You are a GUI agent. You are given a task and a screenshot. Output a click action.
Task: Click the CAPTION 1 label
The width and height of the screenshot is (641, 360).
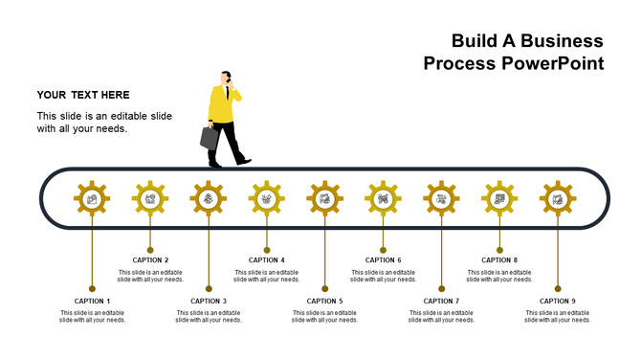click(93, 301)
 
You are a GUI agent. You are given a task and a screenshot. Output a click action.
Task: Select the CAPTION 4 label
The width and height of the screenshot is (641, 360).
click(267, 259)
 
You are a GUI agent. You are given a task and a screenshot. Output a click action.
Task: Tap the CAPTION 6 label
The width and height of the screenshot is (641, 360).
click(383, 259)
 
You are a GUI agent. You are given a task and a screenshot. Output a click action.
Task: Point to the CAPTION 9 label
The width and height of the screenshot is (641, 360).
click(558, 301)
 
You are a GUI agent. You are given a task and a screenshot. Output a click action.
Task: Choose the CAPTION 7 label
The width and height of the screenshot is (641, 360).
click(441, 301)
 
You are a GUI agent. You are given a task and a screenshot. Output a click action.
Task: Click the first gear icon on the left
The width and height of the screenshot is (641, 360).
click(92, 199)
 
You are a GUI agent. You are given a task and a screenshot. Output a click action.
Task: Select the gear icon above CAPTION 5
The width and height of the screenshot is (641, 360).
click(324, 199)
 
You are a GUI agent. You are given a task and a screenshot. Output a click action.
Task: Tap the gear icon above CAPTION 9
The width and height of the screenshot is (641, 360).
click(558, 199)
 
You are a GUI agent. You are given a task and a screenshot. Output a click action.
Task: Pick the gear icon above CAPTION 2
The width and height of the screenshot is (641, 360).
click(150, 199)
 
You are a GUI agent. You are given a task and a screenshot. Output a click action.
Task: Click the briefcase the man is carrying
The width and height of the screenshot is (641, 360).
click(210, 138)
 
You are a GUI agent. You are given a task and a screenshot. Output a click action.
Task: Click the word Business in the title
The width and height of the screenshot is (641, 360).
click(558, 40)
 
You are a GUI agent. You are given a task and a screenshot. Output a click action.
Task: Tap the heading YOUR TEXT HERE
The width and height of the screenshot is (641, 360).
click(83, 95)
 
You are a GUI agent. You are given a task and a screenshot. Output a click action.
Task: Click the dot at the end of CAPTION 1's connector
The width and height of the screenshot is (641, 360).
click(92, 288)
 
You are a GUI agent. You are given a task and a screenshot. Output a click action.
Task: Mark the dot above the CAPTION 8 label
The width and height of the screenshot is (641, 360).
click(499, 250)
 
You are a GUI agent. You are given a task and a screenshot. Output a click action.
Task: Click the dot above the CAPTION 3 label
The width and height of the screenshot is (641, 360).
click(209, 288)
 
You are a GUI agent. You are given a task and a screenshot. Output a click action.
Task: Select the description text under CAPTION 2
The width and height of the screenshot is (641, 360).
click(150, 276)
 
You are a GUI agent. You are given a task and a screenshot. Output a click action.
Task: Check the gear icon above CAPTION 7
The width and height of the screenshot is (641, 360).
click(441, 199)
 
